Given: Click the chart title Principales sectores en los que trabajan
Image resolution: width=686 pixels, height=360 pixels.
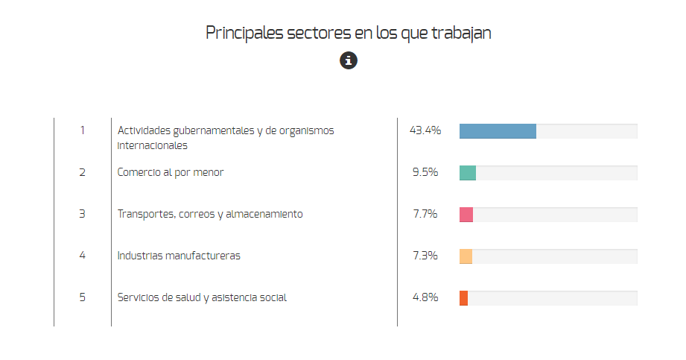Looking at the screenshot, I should click(348, 33).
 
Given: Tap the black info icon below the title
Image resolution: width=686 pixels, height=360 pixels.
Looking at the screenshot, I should click(349, 61).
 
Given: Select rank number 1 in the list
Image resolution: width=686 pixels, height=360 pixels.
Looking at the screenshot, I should click(82, 130).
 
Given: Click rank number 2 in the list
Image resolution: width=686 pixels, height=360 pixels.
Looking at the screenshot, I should click(82, 172).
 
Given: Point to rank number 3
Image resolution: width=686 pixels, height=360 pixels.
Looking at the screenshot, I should click(82, 214).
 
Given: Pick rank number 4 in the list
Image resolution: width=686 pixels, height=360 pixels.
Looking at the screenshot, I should click(82, 256).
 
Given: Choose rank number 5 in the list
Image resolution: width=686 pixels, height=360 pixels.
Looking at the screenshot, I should click(82, 297).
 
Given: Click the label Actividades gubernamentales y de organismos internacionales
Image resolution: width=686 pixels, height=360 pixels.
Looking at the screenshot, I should click(226, 138).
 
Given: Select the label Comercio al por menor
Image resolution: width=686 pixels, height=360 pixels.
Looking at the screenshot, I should click(171, 172).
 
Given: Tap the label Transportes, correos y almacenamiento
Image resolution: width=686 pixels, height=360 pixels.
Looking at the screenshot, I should click(210, 214).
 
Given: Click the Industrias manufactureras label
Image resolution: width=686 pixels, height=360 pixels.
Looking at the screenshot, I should click(179, 256).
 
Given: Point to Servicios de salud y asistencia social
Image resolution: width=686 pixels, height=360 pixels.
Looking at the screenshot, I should click(202, 297).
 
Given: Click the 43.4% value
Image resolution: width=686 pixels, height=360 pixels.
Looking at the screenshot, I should click(425, 130).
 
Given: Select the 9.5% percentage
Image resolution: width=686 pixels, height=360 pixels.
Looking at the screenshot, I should click(425, 172).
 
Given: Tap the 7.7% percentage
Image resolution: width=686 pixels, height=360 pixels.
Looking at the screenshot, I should click(425, 214).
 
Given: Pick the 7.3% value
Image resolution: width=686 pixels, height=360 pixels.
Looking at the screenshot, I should click(425, 256).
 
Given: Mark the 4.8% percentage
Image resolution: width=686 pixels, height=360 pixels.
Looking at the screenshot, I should click(425, 297).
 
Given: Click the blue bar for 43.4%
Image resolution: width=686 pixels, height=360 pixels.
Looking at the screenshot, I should click(498, 131).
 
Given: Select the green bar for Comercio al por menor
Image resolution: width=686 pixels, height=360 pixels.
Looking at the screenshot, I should click(468, 173).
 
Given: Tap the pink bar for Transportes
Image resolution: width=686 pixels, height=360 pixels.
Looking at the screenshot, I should click(466, 215).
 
